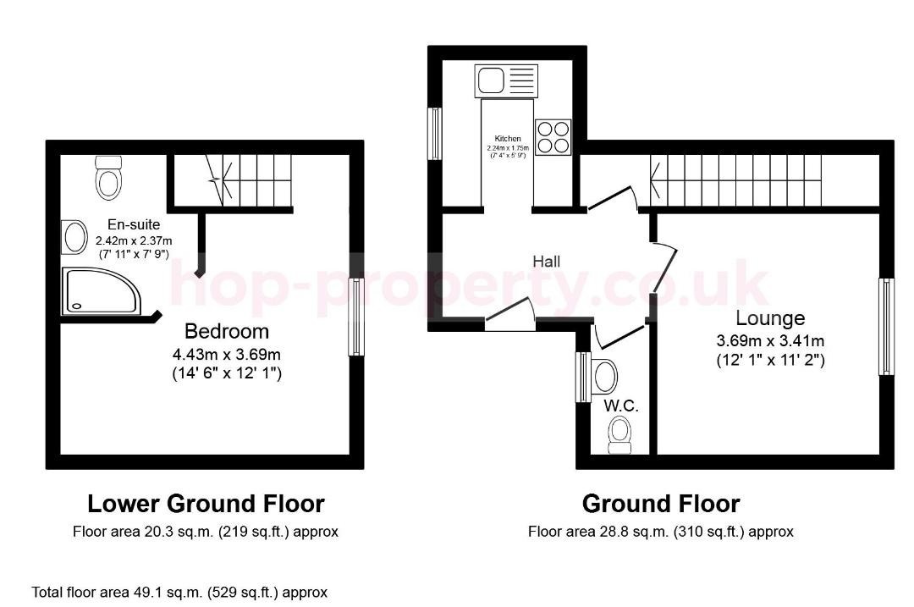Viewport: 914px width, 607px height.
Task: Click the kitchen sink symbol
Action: pos(506,81)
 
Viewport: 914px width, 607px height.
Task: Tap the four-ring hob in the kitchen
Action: pos(553,137)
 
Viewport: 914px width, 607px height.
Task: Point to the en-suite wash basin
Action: pos(74,237)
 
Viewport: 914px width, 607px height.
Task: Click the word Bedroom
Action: pos(227,331)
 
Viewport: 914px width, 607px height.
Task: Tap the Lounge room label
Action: pos(770,318)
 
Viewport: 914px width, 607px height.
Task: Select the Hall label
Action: pos(546,262)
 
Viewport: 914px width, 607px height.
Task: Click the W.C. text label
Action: pos(621,406)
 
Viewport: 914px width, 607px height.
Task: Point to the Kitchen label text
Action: pos(508,139)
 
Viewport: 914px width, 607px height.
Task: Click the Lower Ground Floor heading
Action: pos(206,504)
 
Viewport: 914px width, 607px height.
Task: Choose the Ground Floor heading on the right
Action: pos(661,504)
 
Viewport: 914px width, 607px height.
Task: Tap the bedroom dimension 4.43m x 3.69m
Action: pos(227,353)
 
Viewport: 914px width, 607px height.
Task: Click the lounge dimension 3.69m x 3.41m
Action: pos(770,341)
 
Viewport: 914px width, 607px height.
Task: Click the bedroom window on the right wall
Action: pos(356,317)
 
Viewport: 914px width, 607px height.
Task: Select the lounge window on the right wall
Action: pos(886,326)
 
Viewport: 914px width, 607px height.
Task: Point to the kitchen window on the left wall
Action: pos(435,133)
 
